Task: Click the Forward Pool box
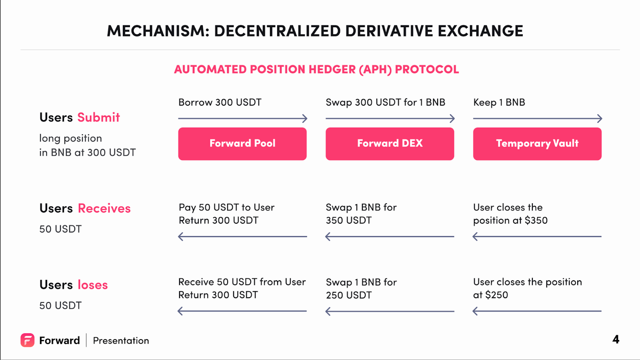click(x=242, y=144)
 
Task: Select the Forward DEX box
click(x=390, y=144)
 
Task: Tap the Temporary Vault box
click(x=537, y=144)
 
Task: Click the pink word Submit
click(x=98, y=118)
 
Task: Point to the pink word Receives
click(x=104, y=208)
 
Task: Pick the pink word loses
click(x=92, y=285)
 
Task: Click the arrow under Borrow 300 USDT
click(x=242, y=118)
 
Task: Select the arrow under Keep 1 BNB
click(x=538, y=118)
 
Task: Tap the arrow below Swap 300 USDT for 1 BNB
click(x=390, y=118)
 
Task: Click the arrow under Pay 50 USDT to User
click(x=242, y=236)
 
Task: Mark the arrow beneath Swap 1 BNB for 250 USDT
click(x=390, y=311)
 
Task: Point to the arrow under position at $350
click(x=537, y=236)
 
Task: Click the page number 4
click(x=616, y=340)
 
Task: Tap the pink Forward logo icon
click(x=28, y=340)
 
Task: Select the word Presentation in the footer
click(x=121, y=340)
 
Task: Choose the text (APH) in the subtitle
click(x=375, y=70)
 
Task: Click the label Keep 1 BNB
click(x=499, y=102)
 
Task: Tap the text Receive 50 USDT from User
click(x=242, y=282)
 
